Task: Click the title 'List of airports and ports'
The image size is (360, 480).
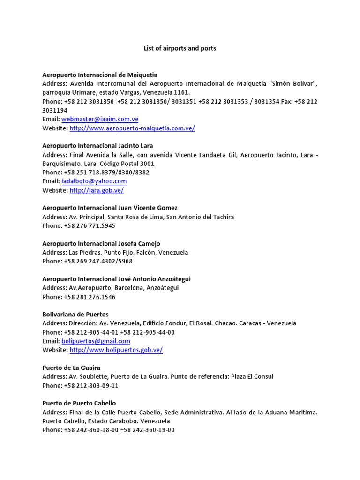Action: click(180, 48)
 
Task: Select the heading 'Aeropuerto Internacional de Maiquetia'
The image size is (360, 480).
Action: click(100, 75)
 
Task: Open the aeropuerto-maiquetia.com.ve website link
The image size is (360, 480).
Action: click(132, 128)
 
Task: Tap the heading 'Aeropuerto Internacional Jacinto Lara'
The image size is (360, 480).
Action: click(97, 146)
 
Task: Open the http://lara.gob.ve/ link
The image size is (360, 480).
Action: click(97, 190)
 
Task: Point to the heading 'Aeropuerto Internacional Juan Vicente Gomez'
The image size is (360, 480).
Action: click(110, 208)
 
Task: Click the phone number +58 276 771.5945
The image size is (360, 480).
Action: click(90, 226)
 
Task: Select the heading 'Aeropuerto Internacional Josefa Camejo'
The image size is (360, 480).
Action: click(101, 244)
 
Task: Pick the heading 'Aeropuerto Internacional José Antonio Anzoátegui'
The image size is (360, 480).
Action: click(116, 279)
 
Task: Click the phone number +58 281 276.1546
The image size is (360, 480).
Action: click(90, 297)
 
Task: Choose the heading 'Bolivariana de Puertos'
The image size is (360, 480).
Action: click(75, 315)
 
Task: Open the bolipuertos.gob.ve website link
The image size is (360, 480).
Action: click(116, 350)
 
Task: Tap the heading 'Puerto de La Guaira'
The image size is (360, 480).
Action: click(71, 368)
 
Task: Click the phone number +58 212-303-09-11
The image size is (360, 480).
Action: click(91, 386)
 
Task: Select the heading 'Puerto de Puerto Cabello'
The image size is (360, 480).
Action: click(79, 404)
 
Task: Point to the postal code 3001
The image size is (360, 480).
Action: click(147, 164)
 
